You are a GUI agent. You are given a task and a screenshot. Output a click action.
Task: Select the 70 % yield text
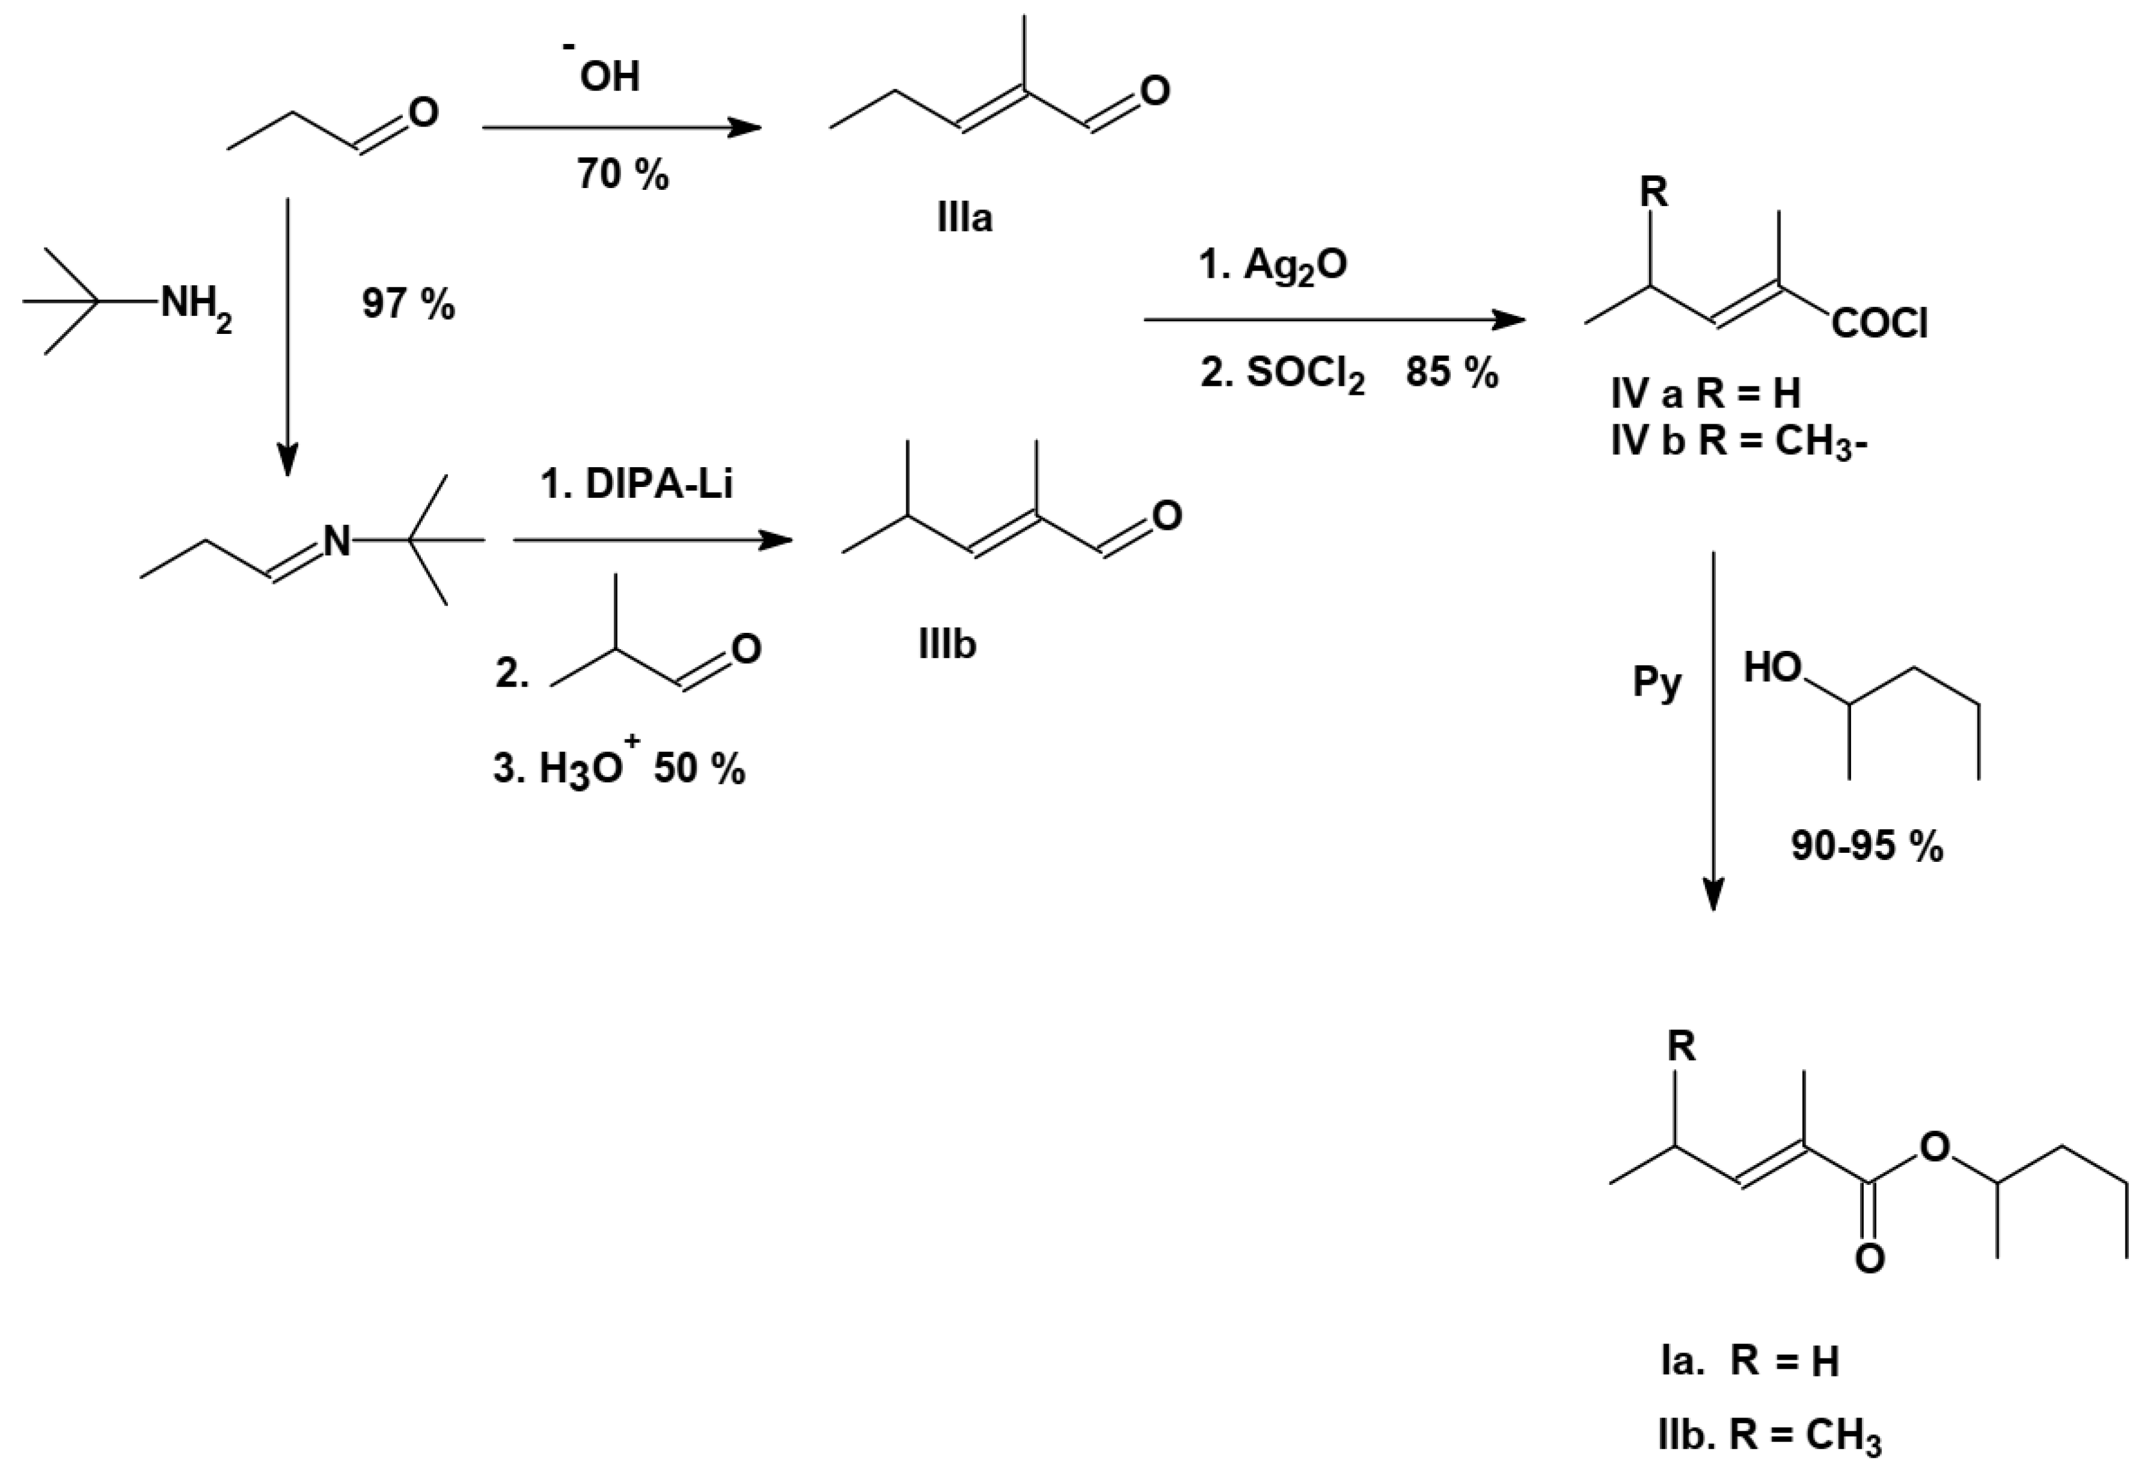[623, 173]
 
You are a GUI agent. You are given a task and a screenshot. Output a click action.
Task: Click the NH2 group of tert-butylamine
[196, 304]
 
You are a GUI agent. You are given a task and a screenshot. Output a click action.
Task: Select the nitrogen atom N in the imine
[337, 542]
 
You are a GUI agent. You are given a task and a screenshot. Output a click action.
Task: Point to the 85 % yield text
[1452, 373]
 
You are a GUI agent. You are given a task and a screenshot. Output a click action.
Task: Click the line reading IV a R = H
[1705, 394]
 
